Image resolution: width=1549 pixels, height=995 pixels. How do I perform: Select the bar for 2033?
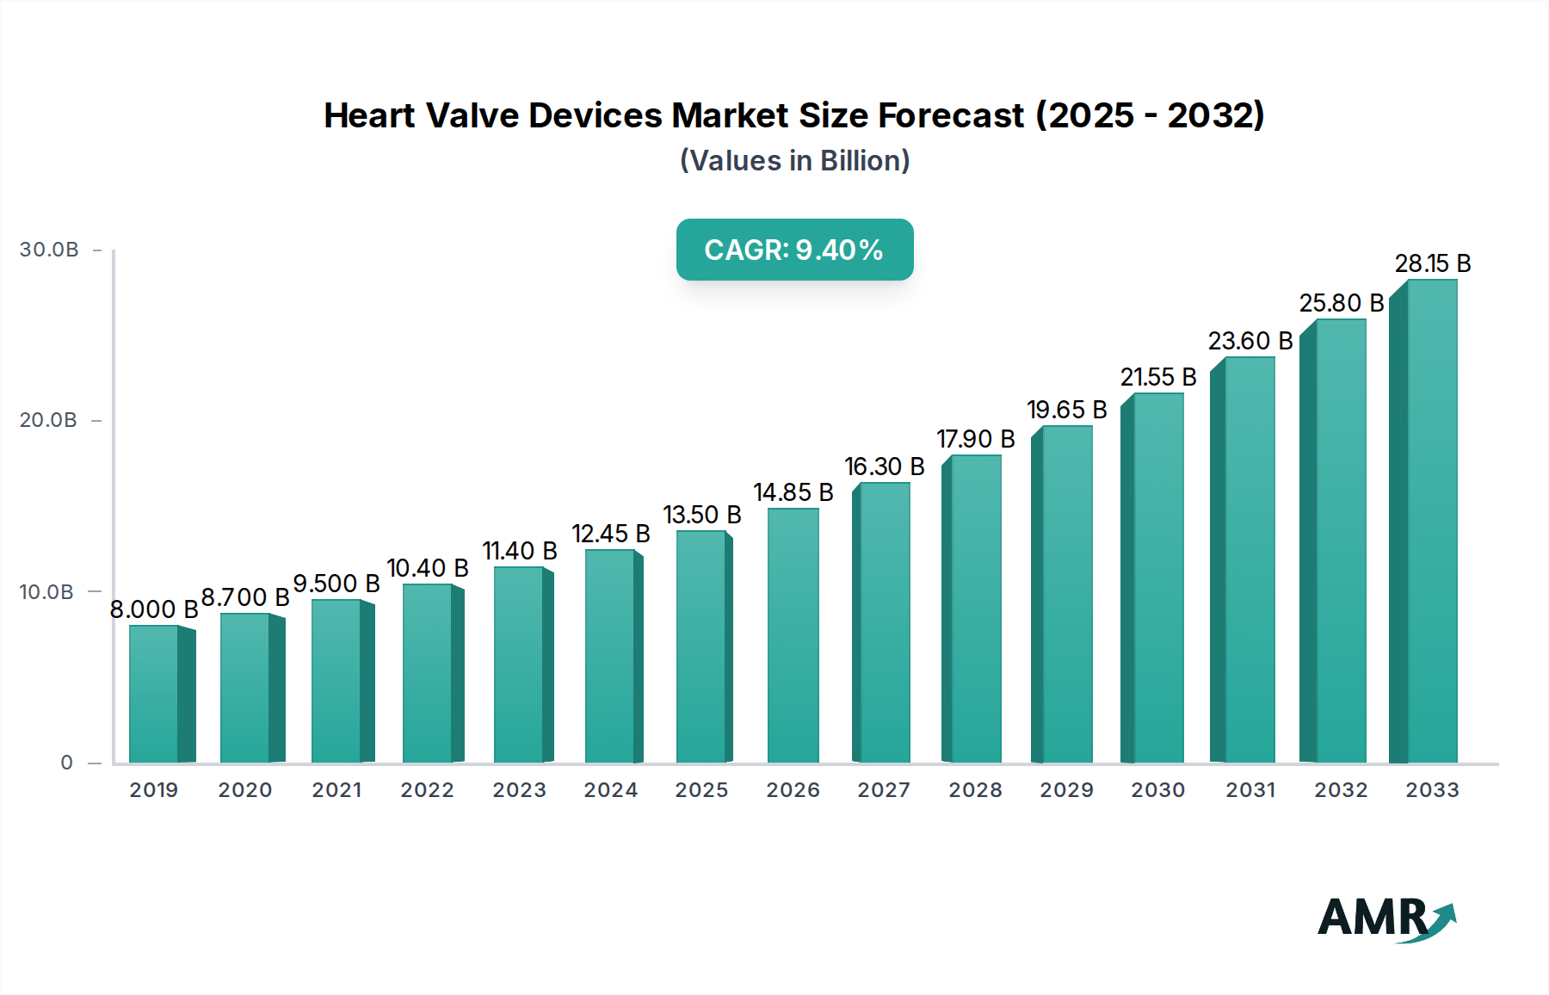click(x=1431, y=522)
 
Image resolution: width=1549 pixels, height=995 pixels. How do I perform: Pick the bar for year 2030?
click(x=1157, y=578)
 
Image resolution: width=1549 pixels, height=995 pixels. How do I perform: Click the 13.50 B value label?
click(x=701, y=515)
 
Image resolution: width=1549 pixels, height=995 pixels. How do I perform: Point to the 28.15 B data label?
click(x=1432, y=263)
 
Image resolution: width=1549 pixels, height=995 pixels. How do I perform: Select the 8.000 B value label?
click(x=154, y=609)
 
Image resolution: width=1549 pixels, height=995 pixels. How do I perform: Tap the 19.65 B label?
click(x=1066, y=410)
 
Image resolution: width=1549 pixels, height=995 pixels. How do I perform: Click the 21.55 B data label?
click(x=1157, y=377)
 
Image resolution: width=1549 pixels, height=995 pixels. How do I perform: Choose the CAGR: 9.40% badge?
click(x=794, y=250)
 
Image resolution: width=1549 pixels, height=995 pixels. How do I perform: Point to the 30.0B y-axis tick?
click(x=49, y=250)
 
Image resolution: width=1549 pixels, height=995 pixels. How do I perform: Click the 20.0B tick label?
click(x=49, y=420)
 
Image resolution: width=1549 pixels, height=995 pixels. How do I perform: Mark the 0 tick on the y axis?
click(x=66, y=763)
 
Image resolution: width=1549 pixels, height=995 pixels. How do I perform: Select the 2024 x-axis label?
click(x=610, y=790)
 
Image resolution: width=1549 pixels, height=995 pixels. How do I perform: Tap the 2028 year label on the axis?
click(x=975, y=790)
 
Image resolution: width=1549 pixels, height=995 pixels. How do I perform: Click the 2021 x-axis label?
click(x=336, y=790)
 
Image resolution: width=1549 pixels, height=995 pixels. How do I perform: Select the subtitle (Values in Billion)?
click(x=794, y=161)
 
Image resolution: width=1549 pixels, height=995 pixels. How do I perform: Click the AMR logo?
click(x=1386, y=918)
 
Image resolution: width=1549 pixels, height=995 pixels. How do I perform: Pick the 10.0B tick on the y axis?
click(x=47, y=592)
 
